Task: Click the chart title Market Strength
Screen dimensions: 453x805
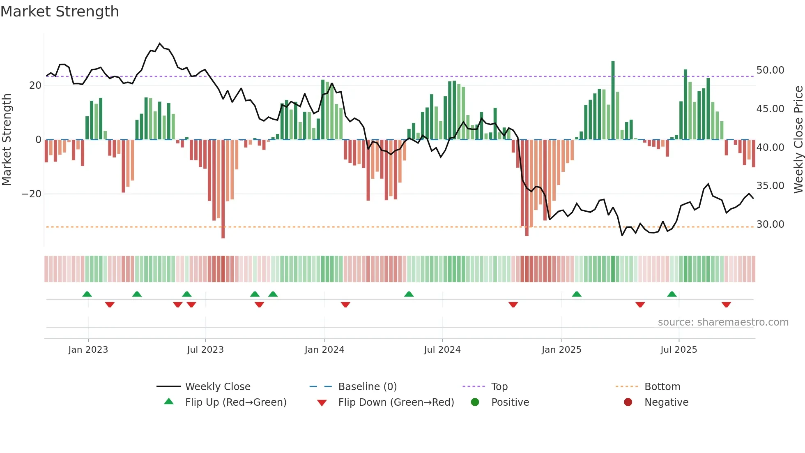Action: tap(60, 12)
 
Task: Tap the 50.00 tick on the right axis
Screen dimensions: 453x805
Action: tap(770, 70)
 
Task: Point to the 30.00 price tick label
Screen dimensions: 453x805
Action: tap(770, 224)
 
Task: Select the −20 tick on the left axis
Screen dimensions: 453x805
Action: tap(32, 194)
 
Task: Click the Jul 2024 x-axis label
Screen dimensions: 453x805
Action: tap(442, 350)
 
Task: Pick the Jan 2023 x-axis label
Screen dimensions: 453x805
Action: tap(88, 350)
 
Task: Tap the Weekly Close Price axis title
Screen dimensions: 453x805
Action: tap(798, 140)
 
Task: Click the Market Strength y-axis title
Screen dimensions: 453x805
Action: tap(7, 140)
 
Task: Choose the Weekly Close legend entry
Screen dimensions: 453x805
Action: tap(217, 387)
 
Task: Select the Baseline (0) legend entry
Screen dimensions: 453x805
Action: tap(367, 387)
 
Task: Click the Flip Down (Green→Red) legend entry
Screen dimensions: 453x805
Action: tap(396, 402)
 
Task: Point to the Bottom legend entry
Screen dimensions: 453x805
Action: tap(662, 387)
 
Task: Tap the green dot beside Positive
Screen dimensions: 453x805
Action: tap(475, 402)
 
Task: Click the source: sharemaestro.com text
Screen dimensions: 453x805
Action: tap(723, 322)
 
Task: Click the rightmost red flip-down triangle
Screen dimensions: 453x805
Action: tap(726, 305)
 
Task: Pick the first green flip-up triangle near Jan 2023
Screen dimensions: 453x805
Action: tap(87, 294)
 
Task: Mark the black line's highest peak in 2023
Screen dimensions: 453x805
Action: tap(160, 44)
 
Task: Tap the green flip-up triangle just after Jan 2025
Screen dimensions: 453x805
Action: tap(577, 294)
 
